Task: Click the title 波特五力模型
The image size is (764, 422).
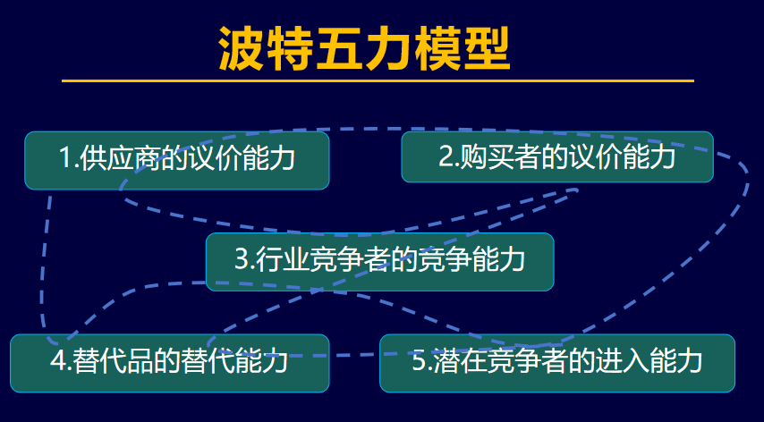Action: [x=364, y=49]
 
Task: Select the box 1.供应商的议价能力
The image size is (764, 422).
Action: [x=176, y=160]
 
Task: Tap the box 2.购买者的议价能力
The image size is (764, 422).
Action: [x=556, y=157]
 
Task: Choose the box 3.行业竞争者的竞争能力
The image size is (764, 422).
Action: [x=379, y=261]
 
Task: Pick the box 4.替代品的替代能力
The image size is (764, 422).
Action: [x=169, y=362]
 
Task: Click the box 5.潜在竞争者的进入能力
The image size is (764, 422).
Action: [x=556, y=362]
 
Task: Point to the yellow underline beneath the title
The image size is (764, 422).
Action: [x=378, y=80]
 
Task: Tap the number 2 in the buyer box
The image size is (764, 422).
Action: [x=446, y=157]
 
